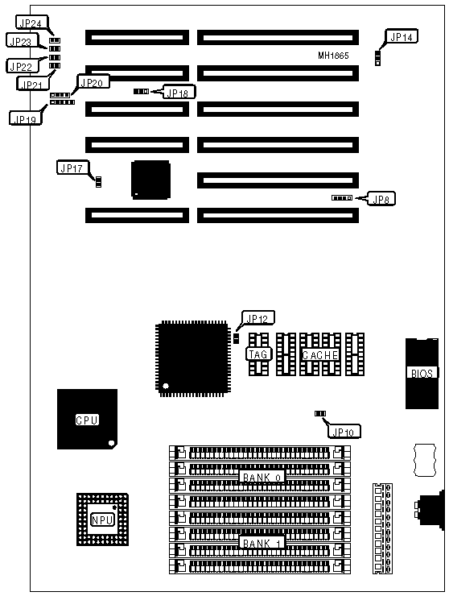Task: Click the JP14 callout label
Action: pos(402,36)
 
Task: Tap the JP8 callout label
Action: pos(381,199)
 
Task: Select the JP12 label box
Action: pos(258,318)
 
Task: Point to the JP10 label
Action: pos(344,432)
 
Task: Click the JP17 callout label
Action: pos(72,168)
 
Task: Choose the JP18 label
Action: pos(179,93)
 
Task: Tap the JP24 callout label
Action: pos(31,23)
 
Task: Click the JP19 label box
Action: pos(25,118)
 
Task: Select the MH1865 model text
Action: pos(333,56)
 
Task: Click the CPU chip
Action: pos(87,419)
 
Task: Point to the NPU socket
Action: pos(102,519)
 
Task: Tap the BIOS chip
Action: pos(422,374)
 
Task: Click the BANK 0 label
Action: pos(262,477)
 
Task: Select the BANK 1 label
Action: pos(262,543)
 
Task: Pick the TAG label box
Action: pos(258,354)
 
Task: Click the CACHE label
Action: pos(320,355)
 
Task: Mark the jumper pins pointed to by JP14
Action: pos(377,58)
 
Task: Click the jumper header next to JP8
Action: pos(342,198)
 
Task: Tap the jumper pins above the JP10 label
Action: pos(320,413)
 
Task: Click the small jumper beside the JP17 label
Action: pos(98,182)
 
